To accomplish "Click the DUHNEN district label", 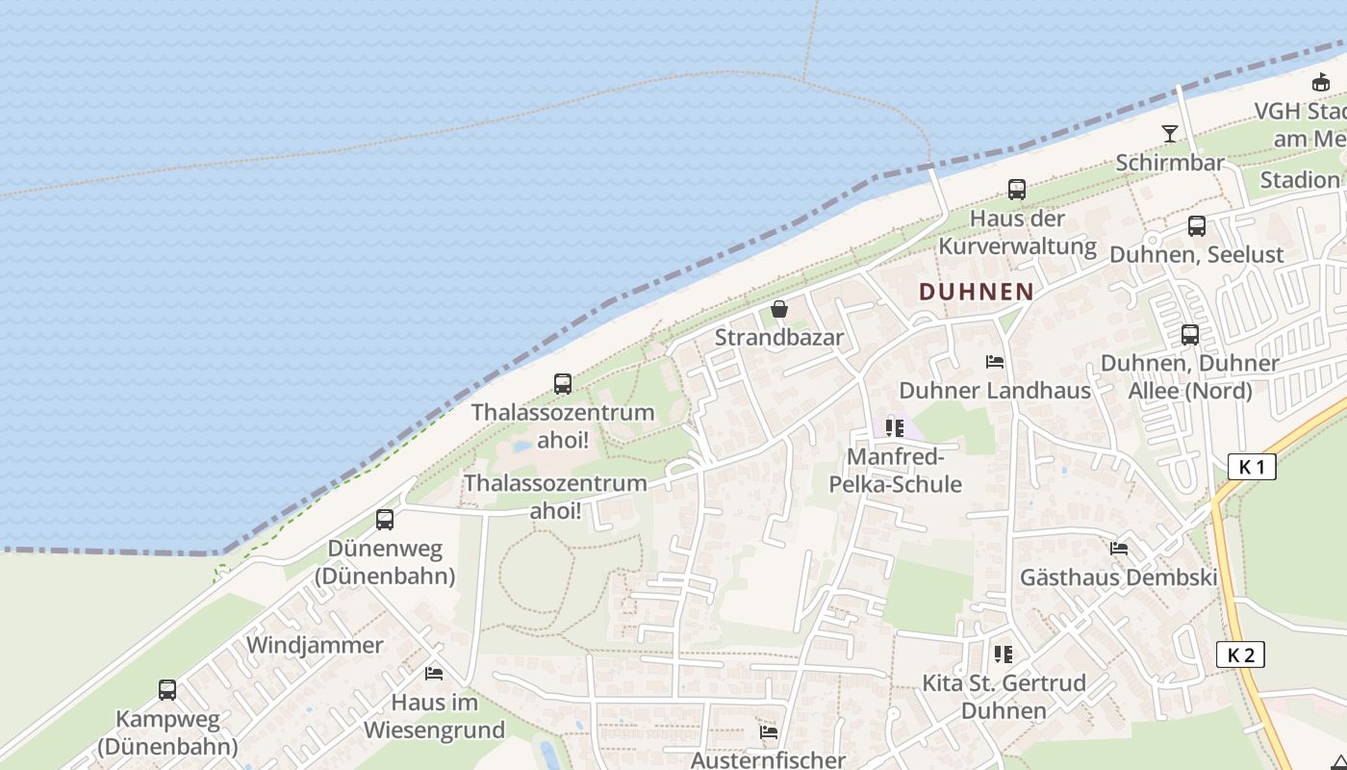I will click(x=976, y=292).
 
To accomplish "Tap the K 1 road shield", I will click(x=1252, y=468).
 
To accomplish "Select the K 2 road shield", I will click(x=1240, y=655).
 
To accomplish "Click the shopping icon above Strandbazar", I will click(x=779, y=309).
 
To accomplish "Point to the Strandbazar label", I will click(x=778, y=338).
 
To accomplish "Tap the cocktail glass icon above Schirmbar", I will click(x=1170, y=134).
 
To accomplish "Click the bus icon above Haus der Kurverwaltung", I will click(x=1017, y=190).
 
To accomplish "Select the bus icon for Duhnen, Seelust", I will click(x=1196, y=226).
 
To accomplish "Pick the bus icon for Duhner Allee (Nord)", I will click(x=1190, y=335).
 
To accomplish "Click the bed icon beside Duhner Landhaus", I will click(x=995, y=362).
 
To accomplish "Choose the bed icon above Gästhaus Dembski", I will click(x=1119, y=549).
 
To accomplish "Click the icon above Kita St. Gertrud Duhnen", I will click(x=1004, y=654).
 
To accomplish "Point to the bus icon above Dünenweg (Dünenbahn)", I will click(x=385, y=520).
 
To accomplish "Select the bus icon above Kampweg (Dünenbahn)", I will click(x=167, y=690).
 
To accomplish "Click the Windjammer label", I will click(x=315, y=645).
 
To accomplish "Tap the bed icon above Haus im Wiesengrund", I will click(x=434, y=673).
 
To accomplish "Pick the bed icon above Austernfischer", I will click(x=769, y=731).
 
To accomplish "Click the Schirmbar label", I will click(x=1170, y=162).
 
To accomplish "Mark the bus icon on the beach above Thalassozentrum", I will click(x=563, y=384).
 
